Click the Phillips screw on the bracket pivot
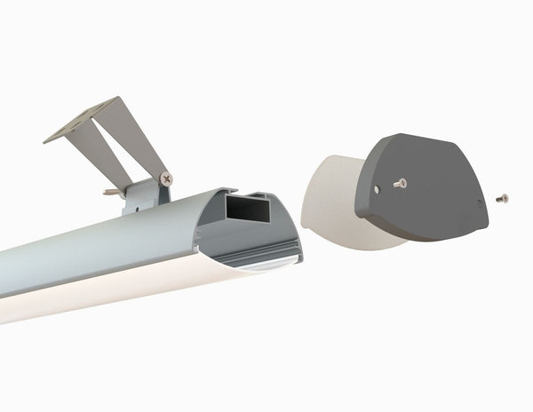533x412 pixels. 166,178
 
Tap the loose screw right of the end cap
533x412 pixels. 503,197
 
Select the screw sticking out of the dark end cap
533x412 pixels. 400,183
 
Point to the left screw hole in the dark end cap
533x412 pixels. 378,188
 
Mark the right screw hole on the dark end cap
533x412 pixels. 481,202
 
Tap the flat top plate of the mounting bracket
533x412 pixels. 84,120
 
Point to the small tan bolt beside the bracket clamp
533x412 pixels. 112,190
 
